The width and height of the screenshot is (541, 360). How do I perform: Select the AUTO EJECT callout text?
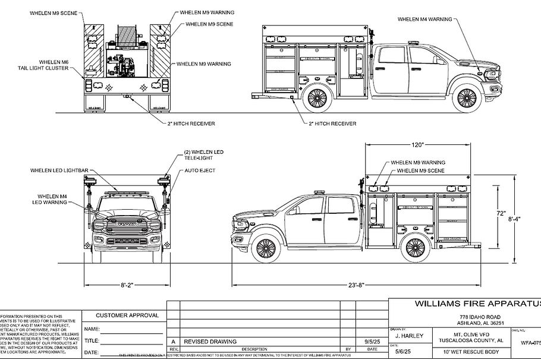(x=200, y=170)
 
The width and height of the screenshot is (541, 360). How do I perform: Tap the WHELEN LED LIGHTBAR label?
(x=59, y=170)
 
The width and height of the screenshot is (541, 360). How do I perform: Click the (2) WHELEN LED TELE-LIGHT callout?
(x=203, y=156)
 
